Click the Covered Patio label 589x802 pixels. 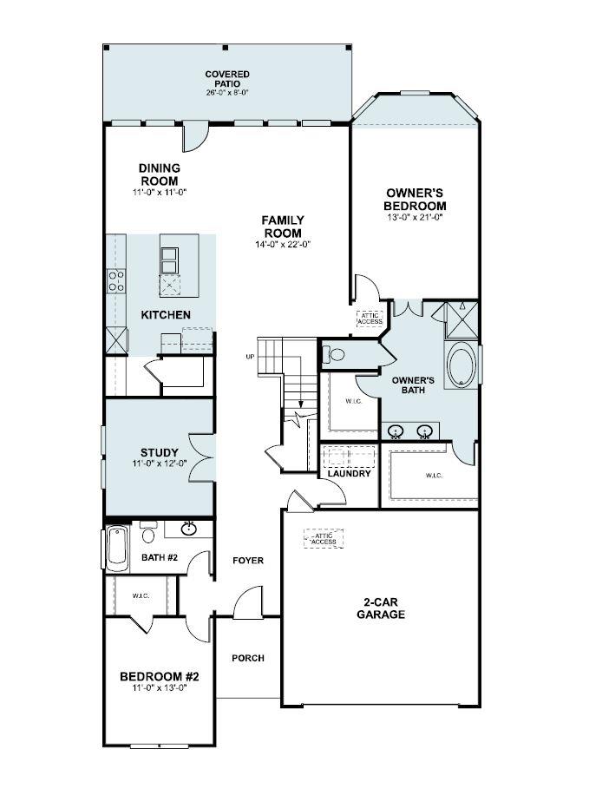227,80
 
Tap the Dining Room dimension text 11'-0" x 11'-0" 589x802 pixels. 159,192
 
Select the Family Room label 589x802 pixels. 282,227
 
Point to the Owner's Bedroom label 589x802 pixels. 416,200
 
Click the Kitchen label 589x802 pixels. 166,314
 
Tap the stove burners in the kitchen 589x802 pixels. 115,280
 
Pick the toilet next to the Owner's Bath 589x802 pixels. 334,354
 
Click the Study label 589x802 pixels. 160,452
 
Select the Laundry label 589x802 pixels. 350,473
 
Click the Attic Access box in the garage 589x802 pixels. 323,538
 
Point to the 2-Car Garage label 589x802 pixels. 381,608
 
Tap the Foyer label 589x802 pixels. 248,561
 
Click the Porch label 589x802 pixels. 248,658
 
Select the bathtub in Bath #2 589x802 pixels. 116,547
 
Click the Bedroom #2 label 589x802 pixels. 160,676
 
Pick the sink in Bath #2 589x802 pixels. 189,529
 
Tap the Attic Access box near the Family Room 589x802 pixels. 369,319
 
